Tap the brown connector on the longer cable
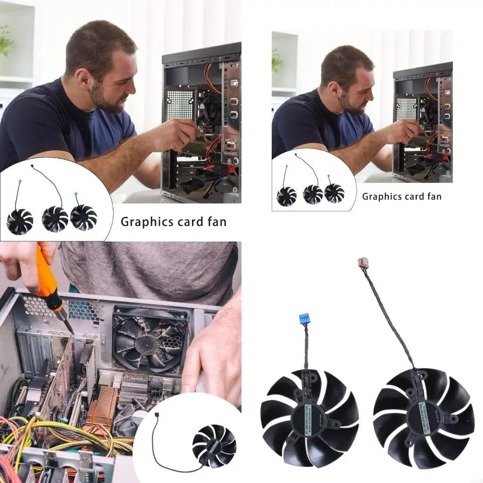pyautogui.click(x=363, y=263)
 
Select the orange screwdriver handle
pyautogui.click(x=46, y=274)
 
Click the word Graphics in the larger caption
pyautogui.click(x=142, y=222)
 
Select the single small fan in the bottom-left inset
pyautogui.click(x=214, y=445)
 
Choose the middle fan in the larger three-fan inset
pyautogui.click(x=55, y=219)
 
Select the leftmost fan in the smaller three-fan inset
pyautogui.click(x=286, y=196)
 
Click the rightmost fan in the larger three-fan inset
pyautogui.click(x=83, y=217)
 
